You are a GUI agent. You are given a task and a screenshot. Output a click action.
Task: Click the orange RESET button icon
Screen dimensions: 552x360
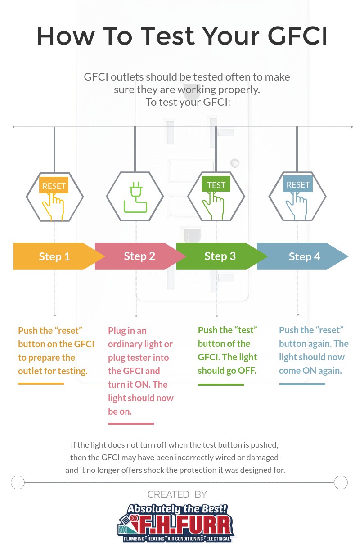click(x=54, y=186)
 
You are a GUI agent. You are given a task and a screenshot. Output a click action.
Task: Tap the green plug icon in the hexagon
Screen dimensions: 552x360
click(x=135, y=197)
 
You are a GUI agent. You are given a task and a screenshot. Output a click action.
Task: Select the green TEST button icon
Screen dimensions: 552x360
click(x=216, y=185)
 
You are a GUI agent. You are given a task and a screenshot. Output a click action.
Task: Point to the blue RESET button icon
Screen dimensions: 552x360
click(x=298, y=184)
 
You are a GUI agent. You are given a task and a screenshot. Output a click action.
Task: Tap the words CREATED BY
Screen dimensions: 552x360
click(x=177, y=494)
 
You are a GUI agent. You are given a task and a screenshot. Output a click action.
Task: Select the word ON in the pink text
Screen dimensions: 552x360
click(x=160, y=384)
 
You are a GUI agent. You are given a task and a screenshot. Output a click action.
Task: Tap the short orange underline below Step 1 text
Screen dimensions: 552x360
click(x=41, y=384)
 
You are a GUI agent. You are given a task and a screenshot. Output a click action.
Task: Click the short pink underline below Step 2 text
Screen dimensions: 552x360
click(x=131, y=423)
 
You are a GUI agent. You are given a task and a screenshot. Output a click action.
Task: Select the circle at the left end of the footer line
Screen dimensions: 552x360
click(x=18, y=482)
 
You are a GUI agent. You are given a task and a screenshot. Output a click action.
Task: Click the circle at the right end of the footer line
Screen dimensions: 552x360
click(x=341, y=482)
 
